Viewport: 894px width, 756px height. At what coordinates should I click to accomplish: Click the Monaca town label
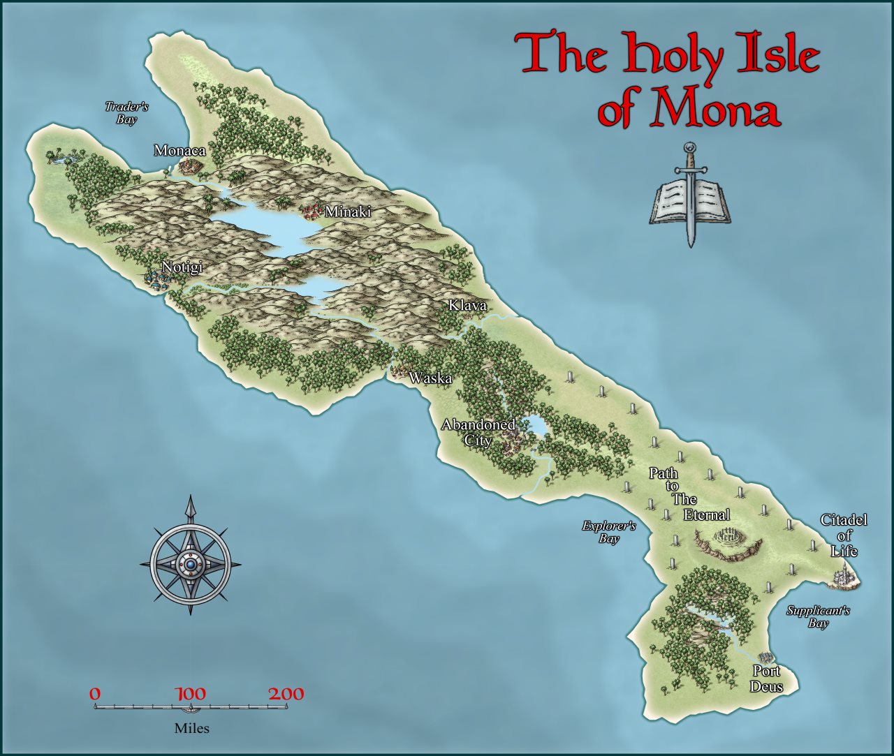pyautogui.click(x=179, y=150)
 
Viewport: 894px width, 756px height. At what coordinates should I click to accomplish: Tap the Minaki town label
pyautogui.click(x=347, y=212)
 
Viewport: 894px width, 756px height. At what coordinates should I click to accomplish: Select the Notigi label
pyautogui.click(x=182, y=267)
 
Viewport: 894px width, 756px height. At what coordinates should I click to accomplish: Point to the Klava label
pyautogui.click(x=467, y=306)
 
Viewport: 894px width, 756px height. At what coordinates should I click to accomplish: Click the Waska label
pyautogui.click(x=430, y=378)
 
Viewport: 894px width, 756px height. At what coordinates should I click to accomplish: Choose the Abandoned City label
pyautogui.click(x=478, y=432)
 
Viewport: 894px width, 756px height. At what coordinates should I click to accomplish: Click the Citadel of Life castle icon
pyautogui.click(x=846, y=576)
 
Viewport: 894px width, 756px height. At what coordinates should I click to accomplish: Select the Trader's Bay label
pyautogui.click(x=127, y=113)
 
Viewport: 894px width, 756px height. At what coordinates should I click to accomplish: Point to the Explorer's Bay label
pyautogui.click(x=609, y=532)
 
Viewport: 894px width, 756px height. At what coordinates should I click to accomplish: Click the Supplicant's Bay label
pyautogui.click(x=818, y=616)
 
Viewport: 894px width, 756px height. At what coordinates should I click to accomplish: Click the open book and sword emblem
pyautogui.click(x=690, y=199)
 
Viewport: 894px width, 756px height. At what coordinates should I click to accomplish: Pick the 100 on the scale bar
pyautogui.click(x=190, y=694)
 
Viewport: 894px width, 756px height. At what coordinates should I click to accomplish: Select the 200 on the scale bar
pyautogui.click(x=286, y=694)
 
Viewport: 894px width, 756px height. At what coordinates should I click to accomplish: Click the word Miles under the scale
pyautogui.click(x=191, y=728)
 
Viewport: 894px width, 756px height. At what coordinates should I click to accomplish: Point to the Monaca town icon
pyautogui.click(x=189, y=166)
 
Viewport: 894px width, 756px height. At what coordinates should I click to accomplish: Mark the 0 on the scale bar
pyautogui.click(x=95, y=694)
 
